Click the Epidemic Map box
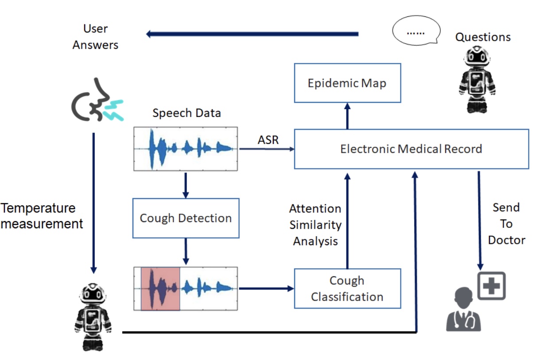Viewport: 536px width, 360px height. point(347,83)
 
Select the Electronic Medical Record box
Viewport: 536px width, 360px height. point(411,149)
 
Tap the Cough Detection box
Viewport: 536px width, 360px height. point(186,218)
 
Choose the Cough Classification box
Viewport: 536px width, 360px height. point(347,289)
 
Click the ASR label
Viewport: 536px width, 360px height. point(268,140)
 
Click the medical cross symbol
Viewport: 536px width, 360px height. point(491,286)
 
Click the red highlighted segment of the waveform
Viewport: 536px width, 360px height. point(160,289)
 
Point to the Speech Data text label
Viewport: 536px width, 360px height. point(186,113)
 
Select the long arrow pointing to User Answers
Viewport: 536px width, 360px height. point(252,34)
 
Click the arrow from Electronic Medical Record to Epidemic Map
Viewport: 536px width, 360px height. point(347,116)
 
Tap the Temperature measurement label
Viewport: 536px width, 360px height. point(42,216)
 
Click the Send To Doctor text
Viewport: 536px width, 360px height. point(506,224)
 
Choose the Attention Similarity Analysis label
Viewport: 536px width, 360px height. point(315,225)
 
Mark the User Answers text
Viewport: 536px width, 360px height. point(96,37)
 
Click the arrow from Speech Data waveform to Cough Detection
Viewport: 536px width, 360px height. point(186,184)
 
